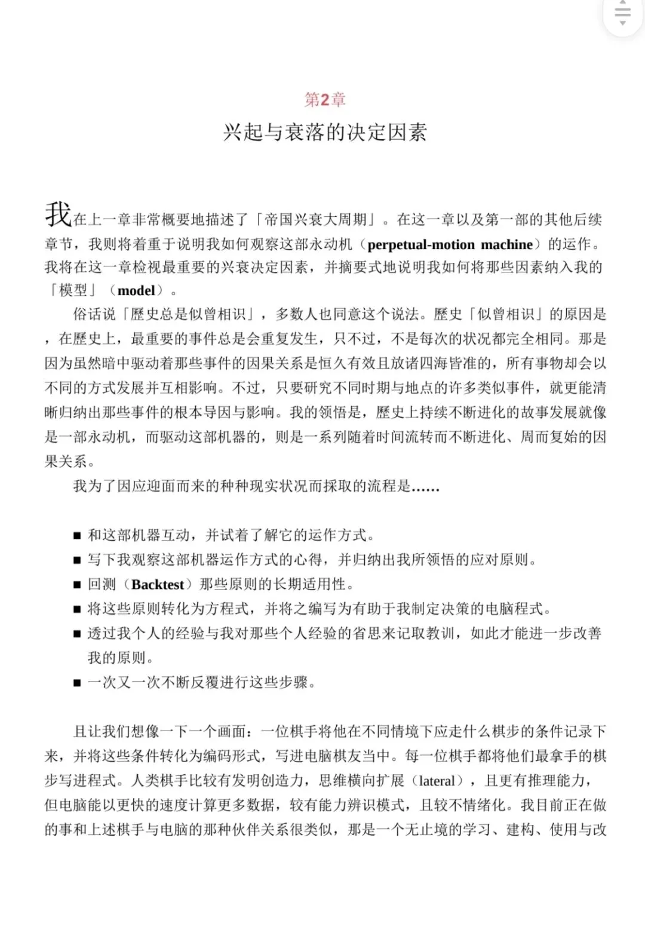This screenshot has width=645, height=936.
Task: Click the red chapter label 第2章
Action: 325,99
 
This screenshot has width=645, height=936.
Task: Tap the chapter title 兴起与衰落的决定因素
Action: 325,132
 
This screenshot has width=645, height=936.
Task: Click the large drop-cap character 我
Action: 58,214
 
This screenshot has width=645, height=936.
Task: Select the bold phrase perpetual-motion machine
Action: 450,244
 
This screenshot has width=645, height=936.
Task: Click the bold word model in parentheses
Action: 136,291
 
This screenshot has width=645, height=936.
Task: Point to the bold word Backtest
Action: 158,584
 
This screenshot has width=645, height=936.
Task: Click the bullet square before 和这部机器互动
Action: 77,536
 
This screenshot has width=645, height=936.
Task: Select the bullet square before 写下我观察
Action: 77,560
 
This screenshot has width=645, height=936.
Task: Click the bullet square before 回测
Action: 77,585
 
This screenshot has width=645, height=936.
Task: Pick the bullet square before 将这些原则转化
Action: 77,609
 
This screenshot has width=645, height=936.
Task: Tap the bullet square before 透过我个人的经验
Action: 77,634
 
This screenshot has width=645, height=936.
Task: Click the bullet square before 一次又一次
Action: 77,683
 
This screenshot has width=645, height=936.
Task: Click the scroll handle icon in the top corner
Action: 622,13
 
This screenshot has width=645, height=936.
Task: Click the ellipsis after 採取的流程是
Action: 425,487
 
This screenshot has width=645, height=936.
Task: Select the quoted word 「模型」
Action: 73,291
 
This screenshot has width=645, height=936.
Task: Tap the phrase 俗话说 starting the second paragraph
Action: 94,314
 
